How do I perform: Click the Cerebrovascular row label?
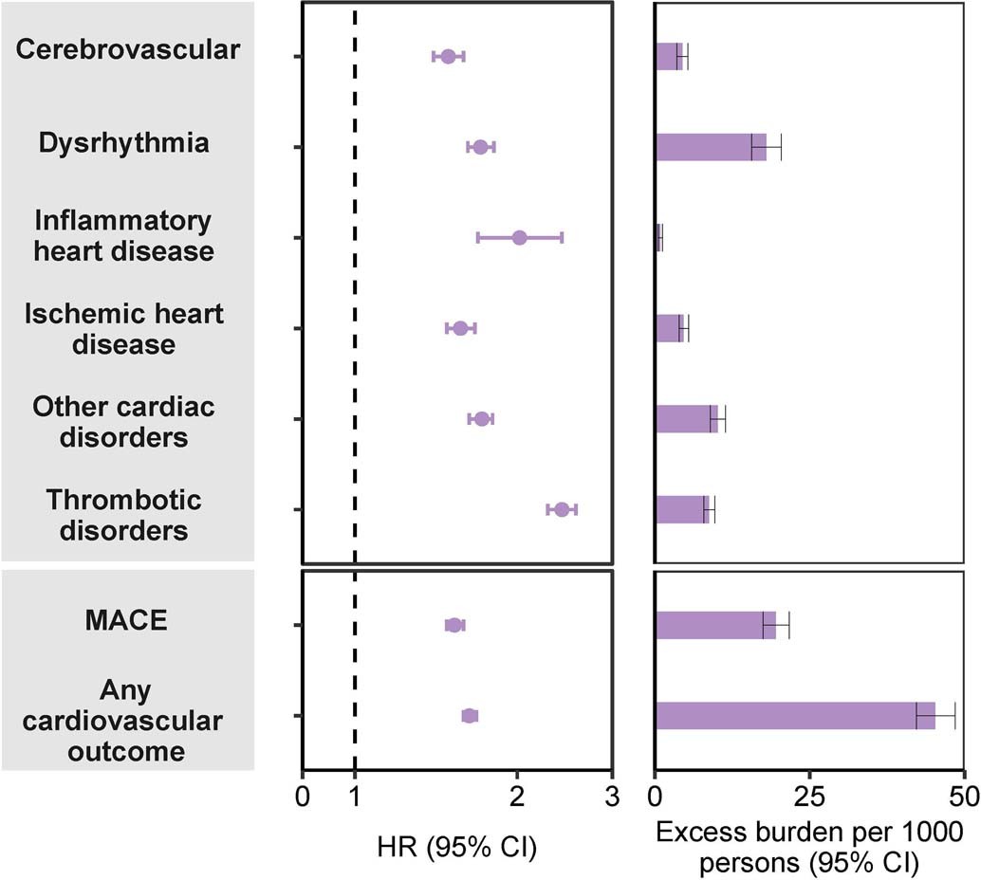[127, 50]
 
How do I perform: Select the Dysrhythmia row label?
[124, 143]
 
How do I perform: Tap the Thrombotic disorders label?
[124, 513]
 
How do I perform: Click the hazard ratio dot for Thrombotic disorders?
[562, 509]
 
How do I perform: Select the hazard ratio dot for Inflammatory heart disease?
[519, 237]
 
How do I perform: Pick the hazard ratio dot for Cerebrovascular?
[449, 57]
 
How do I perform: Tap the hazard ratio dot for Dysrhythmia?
[480, 147]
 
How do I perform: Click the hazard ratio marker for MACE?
[454, 625]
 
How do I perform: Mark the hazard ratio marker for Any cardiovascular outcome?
[470, 716]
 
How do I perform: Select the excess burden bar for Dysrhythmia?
[710, 147]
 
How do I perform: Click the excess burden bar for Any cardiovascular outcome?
[795, 716]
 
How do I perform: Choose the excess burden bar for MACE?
[715, 625]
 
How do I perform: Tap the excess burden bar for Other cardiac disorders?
[686, 418]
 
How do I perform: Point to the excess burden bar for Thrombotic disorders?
[682, 509]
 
